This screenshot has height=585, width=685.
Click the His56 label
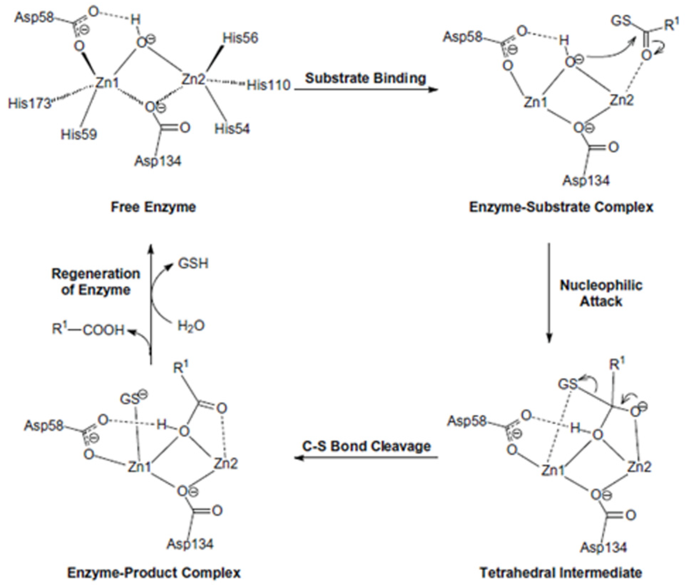[x=240, y=38]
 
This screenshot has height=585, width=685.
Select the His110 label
[x=269, y=85]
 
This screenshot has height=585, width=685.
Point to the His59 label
[x=79, y=134]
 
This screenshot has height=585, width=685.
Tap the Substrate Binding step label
[x=365, y=78]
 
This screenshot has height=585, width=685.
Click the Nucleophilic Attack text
[x=601, y=293]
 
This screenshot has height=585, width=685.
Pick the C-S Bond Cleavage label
[x=366, y=446]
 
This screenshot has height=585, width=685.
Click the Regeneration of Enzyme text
[x=96, y=282]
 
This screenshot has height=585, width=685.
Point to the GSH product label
[x=193, y=264]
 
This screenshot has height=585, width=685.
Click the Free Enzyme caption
[x=153, y=207]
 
